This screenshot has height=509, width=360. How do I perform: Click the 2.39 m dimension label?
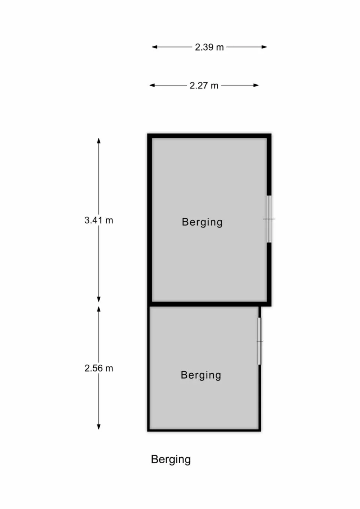click(x=209, y=47)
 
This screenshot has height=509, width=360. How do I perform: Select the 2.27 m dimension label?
click(x=204, y=85)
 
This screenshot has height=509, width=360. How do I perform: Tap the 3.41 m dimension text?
click(x=99, y=220)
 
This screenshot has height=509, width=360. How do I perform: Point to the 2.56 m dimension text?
click(x=99, y=368)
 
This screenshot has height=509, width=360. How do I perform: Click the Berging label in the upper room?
click(x=202, y=222)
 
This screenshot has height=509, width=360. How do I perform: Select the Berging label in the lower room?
click(x=201, y=375)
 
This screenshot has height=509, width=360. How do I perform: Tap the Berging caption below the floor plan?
click(x=171, y=460)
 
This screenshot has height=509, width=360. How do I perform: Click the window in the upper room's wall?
click(x=269, y=219)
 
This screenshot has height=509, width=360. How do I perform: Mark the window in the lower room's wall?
click(x=260, y=341)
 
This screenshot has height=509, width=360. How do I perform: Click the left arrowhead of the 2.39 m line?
click(x=154, y=47)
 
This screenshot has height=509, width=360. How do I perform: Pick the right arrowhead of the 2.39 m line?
click(x=264, y=47)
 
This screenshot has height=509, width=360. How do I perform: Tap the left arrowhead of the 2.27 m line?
click(x=152, y=85)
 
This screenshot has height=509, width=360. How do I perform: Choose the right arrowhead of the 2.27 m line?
click(x=256, y=85)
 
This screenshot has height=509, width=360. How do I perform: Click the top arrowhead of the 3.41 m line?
click(x=99, y=141)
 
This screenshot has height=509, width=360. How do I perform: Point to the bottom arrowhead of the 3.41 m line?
click(x=99, y=299)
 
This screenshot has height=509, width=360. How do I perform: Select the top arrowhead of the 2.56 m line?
click(x=99, y=309)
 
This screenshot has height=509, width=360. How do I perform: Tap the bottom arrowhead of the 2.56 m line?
click(x=99, y=427)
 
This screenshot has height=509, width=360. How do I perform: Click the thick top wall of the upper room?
click(x=209, y=136)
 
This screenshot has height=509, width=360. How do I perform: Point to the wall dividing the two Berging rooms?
click(x=209, y=304)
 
